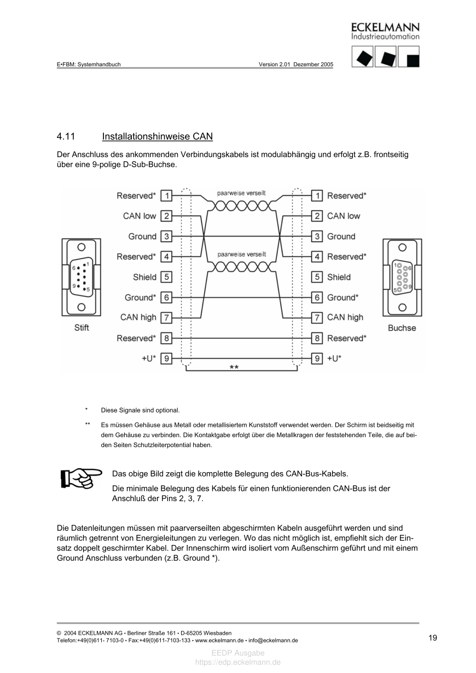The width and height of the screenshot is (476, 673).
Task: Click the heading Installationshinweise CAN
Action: (157, 136)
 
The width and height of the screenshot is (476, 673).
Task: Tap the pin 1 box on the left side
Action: (166, 195)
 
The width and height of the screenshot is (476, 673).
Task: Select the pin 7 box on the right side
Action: (317, 317)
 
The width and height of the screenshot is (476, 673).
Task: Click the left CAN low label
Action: (140, 216)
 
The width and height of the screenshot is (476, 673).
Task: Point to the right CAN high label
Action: (345, 317)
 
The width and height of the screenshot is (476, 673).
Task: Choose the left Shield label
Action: (144, 277)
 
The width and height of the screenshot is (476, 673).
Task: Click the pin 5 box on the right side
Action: (317, 277)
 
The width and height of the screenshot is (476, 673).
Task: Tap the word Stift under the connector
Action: (82, 328)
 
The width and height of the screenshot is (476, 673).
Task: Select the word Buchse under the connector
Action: (402, 328)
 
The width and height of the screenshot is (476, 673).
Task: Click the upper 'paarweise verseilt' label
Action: (241, 193)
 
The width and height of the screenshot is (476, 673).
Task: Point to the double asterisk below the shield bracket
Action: (234, 368)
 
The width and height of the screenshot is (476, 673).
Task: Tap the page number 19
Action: (433, 637)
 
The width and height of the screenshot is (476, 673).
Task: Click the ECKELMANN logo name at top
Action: (385, 27)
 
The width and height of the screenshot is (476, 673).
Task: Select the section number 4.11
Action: (66, 136)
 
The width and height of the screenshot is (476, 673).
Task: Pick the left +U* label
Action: (149, 358)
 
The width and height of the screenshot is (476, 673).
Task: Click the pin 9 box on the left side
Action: (166, 358)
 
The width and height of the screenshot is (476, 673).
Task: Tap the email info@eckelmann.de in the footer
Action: (273, 640)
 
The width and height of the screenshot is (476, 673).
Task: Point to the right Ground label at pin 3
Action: (341, 236)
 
